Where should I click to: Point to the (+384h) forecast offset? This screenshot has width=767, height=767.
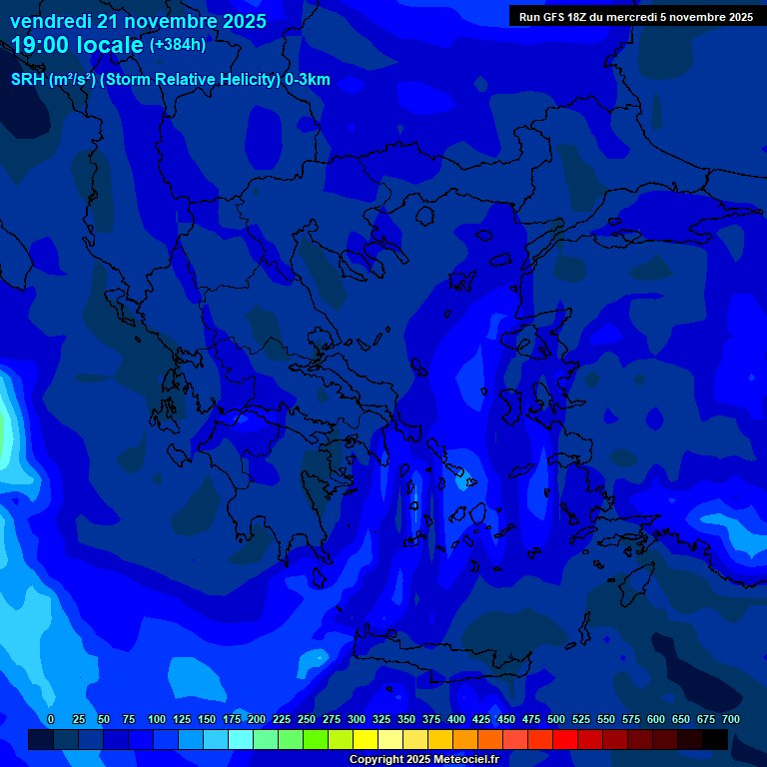click(178, 45)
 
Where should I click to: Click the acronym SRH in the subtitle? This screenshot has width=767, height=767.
click(27, 80)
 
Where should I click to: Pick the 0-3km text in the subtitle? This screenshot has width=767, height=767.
click(308, 80)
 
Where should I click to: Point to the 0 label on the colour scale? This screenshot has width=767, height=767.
click(51, 719)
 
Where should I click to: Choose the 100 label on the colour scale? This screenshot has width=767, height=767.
click(156, 719)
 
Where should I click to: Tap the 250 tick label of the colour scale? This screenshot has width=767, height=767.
click(306, 719)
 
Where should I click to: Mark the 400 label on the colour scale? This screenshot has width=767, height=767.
click(456, 719)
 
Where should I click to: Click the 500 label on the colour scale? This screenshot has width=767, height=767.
click(556, 719)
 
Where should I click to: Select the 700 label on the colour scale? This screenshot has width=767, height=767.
click(731, 719)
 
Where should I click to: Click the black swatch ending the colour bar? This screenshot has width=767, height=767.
click(715, 740)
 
